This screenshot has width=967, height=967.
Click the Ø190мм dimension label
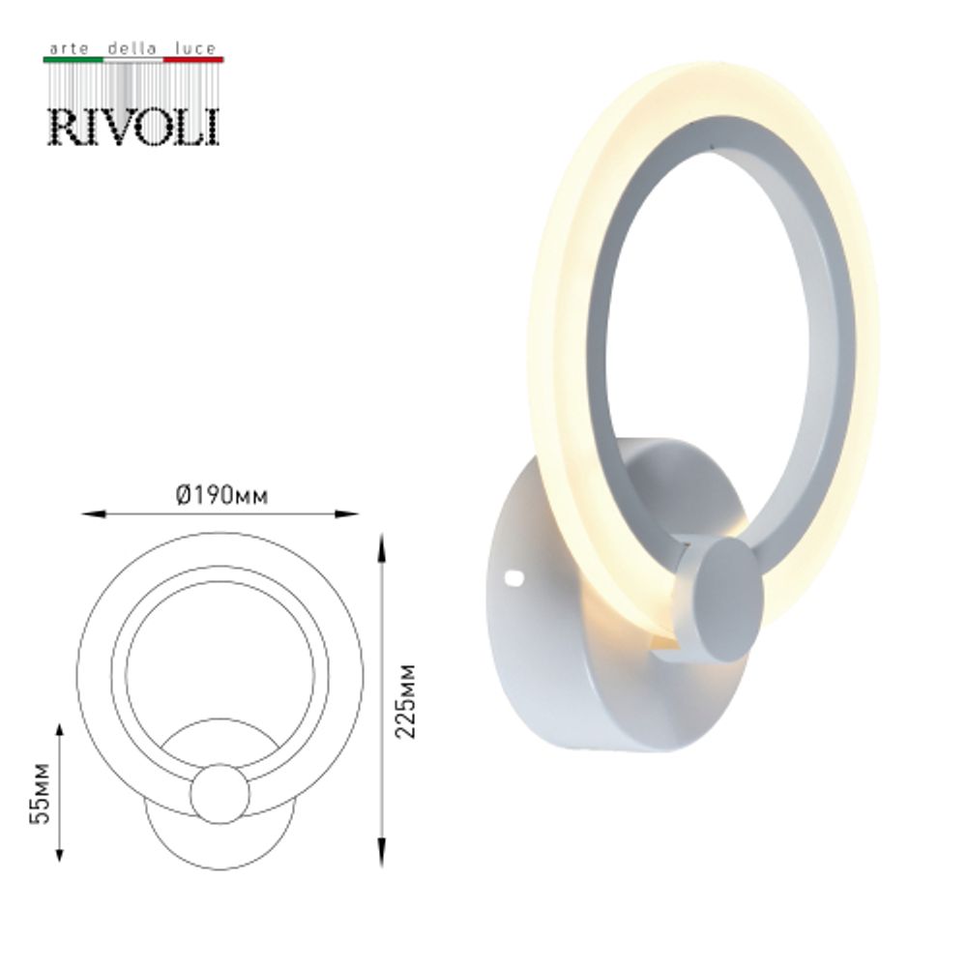[x=221, y=496]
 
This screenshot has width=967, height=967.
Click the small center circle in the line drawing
[x=220, y=793]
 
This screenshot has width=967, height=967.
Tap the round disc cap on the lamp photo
[x=721, y=600]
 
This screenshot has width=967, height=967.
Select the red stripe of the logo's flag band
[x=193, y=60]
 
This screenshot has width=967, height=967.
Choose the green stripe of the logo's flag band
[x=73, y=60]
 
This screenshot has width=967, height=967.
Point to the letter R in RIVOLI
[x=65, y=126]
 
